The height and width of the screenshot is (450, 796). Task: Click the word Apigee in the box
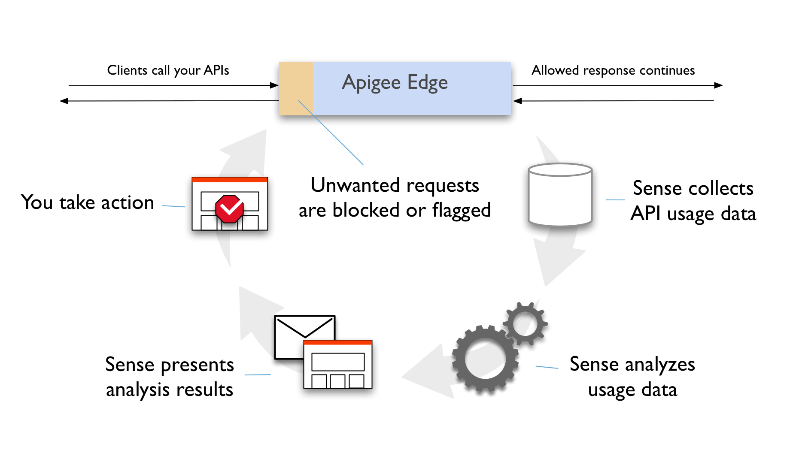point(371,82)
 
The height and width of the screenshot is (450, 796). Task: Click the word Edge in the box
point(427,82)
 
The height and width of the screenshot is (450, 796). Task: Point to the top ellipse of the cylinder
point(560,170)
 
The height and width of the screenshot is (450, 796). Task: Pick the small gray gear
point(525,323)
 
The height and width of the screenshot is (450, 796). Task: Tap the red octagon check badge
point(229,209)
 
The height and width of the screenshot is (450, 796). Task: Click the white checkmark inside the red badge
point(230,209)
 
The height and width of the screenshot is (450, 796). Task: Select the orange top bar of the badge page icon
point(229,180)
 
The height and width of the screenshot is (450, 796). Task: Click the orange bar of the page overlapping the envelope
point(337,342)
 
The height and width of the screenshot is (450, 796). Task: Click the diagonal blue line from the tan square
point(331,132)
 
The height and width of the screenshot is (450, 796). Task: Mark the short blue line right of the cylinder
point(615,200)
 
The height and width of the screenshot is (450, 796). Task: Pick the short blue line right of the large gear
point(547,367)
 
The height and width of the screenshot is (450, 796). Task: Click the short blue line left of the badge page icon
point(173,206)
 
